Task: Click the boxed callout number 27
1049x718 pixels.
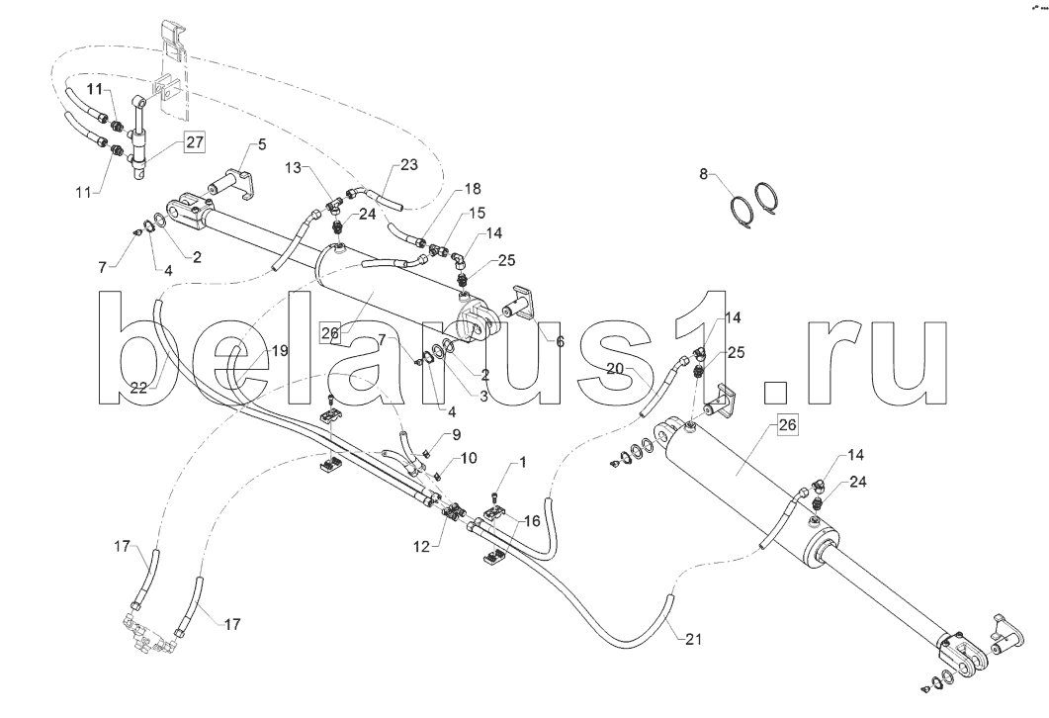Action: pyautogui.click(x=195, y=142)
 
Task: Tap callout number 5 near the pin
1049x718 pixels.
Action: pyautogui.click(x=262, y=143)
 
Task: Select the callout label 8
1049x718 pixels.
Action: pyautogui.click(x=703, y=175)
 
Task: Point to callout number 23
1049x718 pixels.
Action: pyautogui.click(x=408, y=165)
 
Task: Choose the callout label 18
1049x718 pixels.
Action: pyautogui.click(x=472, y=189)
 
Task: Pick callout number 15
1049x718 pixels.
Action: pyautogui.click(x=477, y=214)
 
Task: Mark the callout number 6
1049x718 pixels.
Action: pyautogui.click(x=560, y=342)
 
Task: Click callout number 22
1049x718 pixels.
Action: pyautogui.click(x=138, y=388)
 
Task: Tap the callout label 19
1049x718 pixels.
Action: pyautogui.click(x=280, y=351)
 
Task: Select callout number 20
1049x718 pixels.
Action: pyautogui.click(x=616, y=367)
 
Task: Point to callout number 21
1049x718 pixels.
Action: pyautogui.click(x=694, y=639)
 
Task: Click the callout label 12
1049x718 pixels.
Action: pyautogui.click(x=421, y=547)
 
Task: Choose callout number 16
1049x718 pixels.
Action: pyautogui.click(x=532, y=521)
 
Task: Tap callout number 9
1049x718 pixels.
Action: pyautogui.click(x=456, y=435)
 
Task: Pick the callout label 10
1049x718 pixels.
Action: pyautogui.click(x=469, y=458)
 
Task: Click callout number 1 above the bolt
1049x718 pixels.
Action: pyautogui.click(x=522, y=463)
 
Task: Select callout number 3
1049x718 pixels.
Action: pyautogui.click(x=483, y=395)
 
